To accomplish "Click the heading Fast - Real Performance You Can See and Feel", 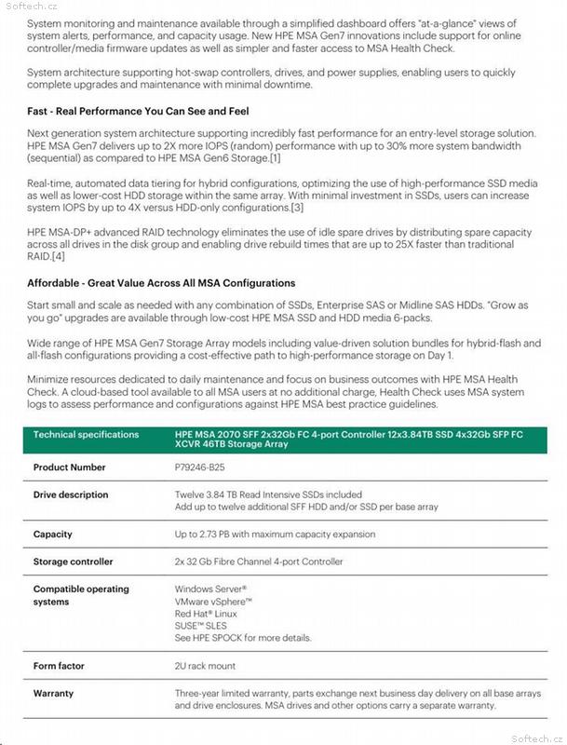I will [138, 111].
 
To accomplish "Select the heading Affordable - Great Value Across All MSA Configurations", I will [161, 282].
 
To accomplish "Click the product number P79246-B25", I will [199, 467].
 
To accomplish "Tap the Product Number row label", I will [70, 467].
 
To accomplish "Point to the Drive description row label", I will [71, 494].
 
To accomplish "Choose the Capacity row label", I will [53, 535].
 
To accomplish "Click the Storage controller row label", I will [74, 562].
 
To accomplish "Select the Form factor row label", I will [59, 666].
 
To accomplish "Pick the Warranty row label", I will [53, 694].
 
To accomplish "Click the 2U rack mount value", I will [205, 666].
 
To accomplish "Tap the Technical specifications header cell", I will [86, 435].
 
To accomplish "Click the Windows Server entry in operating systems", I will [210, 589].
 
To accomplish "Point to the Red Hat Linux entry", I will [206, 614].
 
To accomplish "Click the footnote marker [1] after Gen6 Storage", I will [275, 158].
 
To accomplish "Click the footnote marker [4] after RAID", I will [58, 255].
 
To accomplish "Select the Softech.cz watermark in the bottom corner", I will [537, 737].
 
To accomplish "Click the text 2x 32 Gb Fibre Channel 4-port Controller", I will [259, 562].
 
